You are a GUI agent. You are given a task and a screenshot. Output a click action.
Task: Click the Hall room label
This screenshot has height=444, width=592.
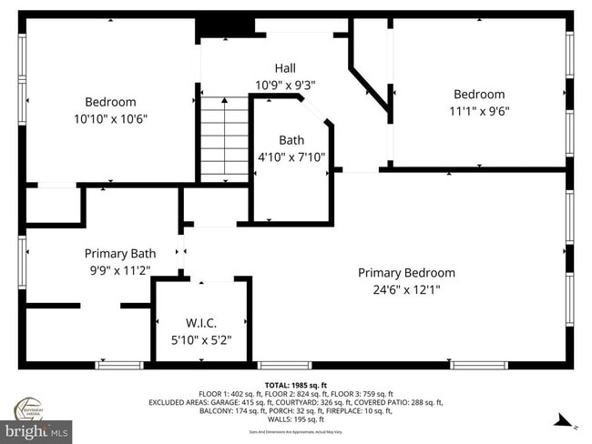285,68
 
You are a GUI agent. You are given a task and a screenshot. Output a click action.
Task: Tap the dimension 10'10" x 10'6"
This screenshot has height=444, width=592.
110,119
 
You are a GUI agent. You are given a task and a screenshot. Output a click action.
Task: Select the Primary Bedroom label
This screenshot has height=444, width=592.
406,273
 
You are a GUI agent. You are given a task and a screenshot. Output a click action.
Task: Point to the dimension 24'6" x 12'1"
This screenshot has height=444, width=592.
406,290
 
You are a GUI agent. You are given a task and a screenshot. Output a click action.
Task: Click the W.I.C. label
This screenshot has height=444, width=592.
201,323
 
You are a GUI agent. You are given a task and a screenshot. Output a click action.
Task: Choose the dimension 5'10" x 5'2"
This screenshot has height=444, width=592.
201,339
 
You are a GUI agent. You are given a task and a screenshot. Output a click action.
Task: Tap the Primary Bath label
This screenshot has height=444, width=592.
120,254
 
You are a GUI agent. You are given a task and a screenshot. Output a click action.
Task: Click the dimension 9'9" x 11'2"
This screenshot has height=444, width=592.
120,270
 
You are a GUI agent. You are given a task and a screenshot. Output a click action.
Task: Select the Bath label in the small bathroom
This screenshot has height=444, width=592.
291,140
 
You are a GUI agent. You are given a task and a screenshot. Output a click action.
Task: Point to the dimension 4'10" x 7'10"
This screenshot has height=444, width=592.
291,156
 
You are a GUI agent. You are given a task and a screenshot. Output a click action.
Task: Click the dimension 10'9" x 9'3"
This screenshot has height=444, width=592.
285,85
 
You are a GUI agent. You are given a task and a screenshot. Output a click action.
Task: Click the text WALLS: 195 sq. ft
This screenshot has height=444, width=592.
295,419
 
